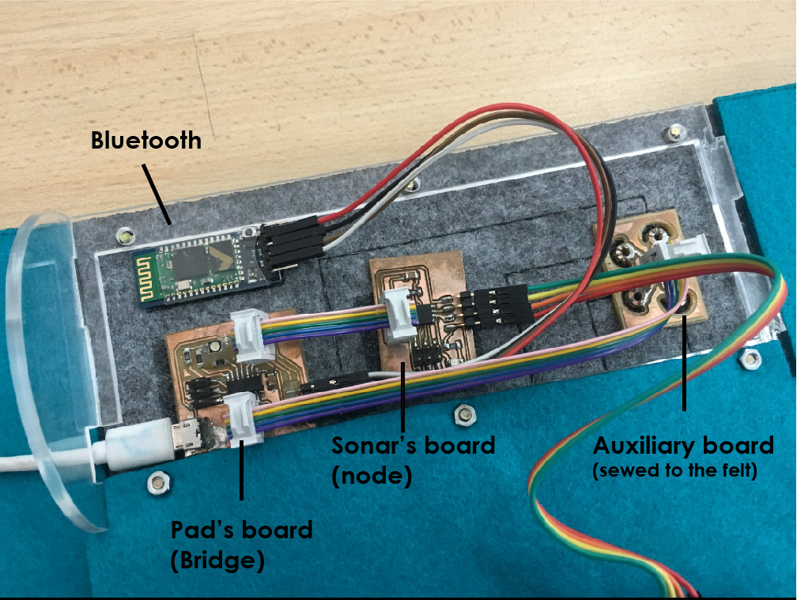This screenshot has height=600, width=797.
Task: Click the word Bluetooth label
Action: (145, 141)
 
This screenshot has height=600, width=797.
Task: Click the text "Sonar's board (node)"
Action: (413, 458)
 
